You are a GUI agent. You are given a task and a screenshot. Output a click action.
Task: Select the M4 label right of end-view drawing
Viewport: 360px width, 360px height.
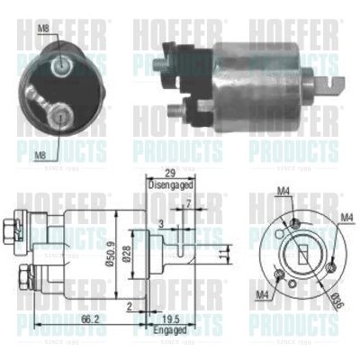[347, 218]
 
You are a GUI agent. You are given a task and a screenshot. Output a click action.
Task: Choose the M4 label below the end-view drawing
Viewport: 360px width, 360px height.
[260, 295]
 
